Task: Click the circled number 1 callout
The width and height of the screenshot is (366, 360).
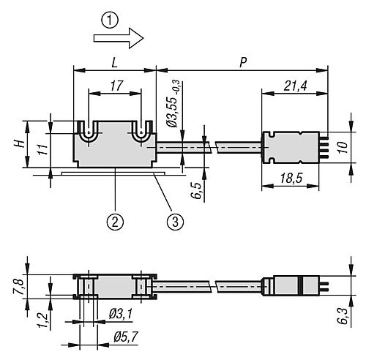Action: (x=110, y=20)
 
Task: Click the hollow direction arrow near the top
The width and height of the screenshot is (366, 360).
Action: (x=119, y=38)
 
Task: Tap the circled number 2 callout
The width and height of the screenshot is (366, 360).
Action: (x=115, y=222)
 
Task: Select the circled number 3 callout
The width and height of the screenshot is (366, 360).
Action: (x=176, y=222)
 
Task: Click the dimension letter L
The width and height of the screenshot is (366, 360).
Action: (x=114, y=63)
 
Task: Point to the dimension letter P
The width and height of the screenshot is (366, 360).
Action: (x=243, y=63)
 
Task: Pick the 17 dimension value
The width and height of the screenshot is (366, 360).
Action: (x=116, y=86)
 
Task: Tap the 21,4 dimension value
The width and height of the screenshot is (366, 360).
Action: (x=295, y=86)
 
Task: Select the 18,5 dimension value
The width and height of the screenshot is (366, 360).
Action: (x=291, y=179)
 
